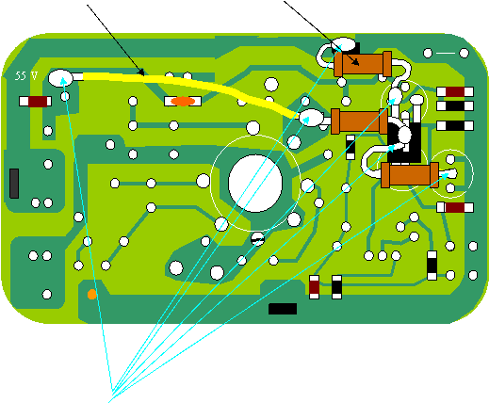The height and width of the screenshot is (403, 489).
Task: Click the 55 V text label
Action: (26, 76)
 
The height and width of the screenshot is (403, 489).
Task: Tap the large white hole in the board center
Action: (255, 184)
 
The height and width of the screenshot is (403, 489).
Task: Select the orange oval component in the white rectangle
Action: (183, 101)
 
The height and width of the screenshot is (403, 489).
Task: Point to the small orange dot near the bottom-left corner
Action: (92, 295)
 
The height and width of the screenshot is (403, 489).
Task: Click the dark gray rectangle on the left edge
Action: (14, 184)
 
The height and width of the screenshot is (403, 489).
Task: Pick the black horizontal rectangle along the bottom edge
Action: (283, 309)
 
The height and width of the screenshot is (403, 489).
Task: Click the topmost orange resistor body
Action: (363, 64)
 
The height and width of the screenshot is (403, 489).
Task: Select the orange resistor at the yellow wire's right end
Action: (360, 121)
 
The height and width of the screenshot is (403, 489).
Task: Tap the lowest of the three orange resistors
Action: (410, 175)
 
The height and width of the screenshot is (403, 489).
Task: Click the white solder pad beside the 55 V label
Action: (60, 78)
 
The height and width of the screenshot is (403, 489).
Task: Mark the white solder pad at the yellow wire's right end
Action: (311, 118)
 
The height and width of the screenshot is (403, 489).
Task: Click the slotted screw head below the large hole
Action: (258, 239)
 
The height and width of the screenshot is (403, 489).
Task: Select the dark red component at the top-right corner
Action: (455, 91)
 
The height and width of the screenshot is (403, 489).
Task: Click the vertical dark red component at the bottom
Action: (315, 287)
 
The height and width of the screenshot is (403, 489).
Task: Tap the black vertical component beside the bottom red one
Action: (336, 287)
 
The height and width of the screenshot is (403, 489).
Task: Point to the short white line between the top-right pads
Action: (446, 53)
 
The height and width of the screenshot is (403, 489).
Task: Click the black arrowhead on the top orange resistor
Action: (356, 62)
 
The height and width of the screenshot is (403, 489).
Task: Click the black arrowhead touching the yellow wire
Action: (141, 73)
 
